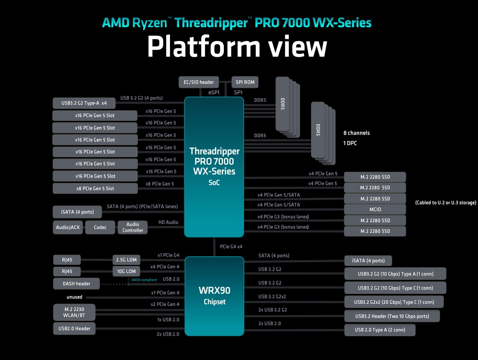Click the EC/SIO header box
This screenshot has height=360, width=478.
(x=199, y=82)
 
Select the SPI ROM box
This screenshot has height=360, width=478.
(x=244, y=82)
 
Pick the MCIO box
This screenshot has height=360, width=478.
(x=375, y=209)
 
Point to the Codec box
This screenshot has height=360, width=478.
(x=100, y=227)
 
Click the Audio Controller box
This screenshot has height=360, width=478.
(x=133, y=227)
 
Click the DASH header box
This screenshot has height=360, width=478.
(x=76, y=284)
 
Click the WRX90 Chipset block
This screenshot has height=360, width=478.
(x=214, y=296)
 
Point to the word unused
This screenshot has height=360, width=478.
(x=74, y=297)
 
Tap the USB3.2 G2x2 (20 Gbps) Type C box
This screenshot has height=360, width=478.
(x=394, y=302)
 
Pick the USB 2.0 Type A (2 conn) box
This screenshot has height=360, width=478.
(x=380, y=330)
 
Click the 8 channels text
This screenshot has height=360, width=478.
(x=356, y=133)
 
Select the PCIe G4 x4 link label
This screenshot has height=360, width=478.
(x=232, y=246)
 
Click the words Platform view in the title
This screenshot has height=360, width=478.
(x=237, y=47)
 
